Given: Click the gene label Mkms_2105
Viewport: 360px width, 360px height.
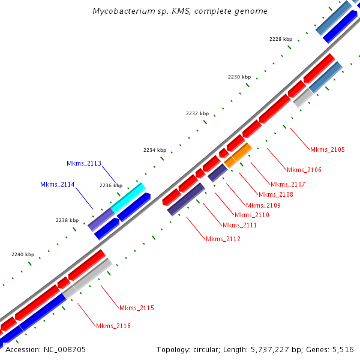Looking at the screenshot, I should [328, 149].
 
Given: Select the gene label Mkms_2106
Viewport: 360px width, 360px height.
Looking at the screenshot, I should [304, 170].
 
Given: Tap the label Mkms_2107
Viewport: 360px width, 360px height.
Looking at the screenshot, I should [288, 184].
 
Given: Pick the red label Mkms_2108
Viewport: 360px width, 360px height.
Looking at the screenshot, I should [276, 194].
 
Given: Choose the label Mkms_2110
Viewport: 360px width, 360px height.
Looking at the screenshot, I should [252, 215].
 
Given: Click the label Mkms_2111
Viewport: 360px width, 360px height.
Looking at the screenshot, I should [240, 225].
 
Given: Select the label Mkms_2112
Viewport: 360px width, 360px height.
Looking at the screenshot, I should [223, 239].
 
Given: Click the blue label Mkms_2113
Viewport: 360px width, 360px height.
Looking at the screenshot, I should [84, 163].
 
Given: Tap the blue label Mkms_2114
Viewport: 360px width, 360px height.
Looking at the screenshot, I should [58, 184].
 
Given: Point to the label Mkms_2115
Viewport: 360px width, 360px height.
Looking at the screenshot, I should [137, 308].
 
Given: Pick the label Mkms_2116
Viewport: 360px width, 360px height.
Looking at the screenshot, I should [113, 326].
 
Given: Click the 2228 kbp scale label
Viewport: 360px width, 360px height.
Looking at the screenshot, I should [280, 39].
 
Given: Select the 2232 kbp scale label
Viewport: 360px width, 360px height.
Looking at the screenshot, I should [197, 113].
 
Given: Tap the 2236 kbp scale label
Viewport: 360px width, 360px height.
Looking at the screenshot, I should [110, 185].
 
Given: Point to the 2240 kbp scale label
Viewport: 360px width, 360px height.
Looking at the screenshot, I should [23, 254].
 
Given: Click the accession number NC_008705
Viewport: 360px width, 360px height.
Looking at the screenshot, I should [64, 349].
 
